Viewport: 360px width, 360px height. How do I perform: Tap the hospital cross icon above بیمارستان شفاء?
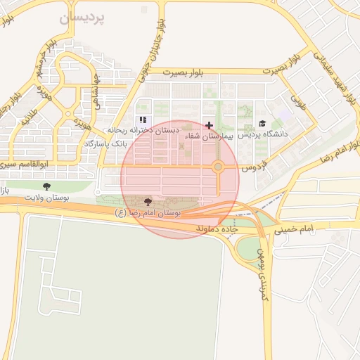tap(209, 124)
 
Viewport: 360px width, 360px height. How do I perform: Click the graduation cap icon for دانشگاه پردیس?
tap(262, 124)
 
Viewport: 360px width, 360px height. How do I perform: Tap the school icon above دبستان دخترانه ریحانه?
tap(143, 120)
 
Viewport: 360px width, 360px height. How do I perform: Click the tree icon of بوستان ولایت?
tap(47, 186)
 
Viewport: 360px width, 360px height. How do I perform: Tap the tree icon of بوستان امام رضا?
tap(147, 202)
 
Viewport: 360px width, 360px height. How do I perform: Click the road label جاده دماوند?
tap(218, 229)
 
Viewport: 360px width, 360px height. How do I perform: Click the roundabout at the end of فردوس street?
tap(219, 167)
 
